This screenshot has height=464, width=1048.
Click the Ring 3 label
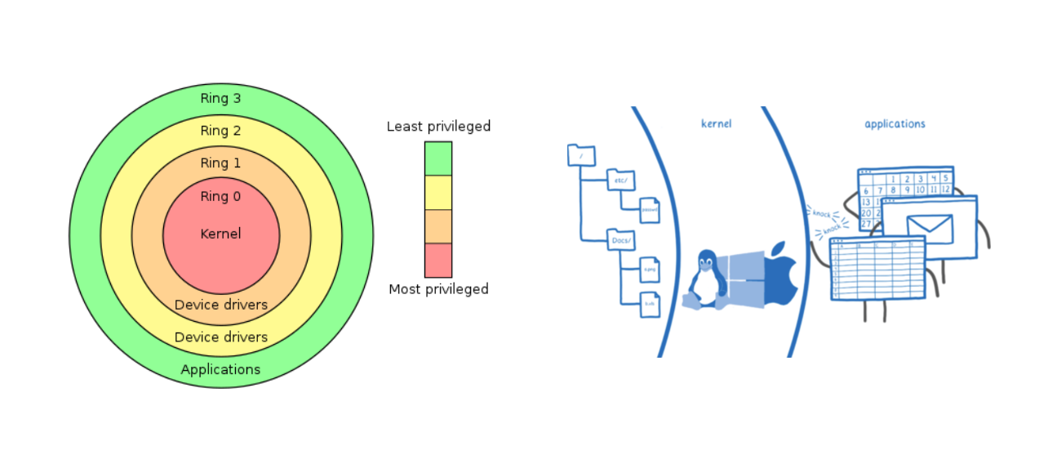tap(220, 98)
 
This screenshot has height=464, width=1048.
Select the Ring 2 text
tap(220, 131)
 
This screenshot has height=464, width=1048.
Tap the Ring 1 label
tap(220, 163)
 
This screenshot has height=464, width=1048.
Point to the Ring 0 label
tap(220, 196)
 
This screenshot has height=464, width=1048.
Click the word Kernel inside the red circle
tap(220, 234)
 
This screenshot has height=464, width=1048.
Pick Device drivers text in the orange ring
tap(220, 305)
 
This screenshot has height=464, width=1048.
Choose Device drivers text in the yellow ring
tap(220, 337)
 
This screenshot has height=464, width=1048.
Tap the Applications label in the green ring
tap(220, 369)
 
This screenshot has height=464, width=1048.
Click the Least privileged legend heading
tap(438, 127)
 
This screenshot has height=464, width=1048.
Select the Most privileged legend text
tap(438, 289)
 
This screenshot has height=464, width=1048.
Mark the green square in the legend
tap(438, 158)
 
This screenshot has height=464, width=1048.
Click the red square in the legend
tap(438, 261)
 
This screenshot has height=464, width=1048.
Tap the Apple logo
tap(780, 274)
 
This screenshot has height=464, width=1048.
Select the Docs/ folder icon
tap(621, 239)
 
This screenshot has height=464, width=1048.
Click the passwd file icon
tap(650, 210)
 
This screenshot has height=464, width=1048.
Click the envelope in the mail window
tap(929, 228)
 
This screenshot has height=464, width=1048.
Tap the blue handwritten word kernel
tap(716, 124)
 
